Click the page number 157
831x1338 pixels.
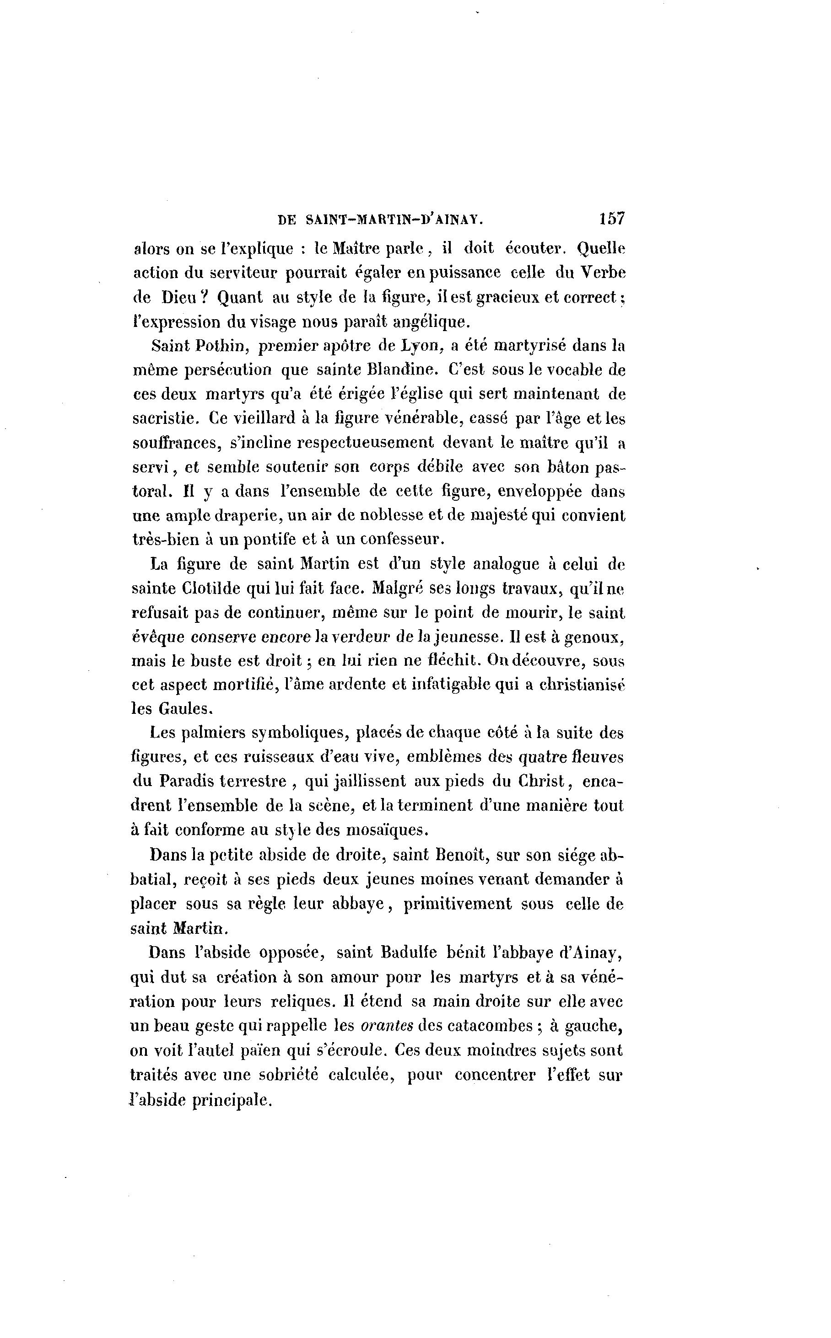tap(612, 219)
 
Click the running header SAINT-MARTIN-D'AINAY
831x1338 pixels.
tap(394, 220)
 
